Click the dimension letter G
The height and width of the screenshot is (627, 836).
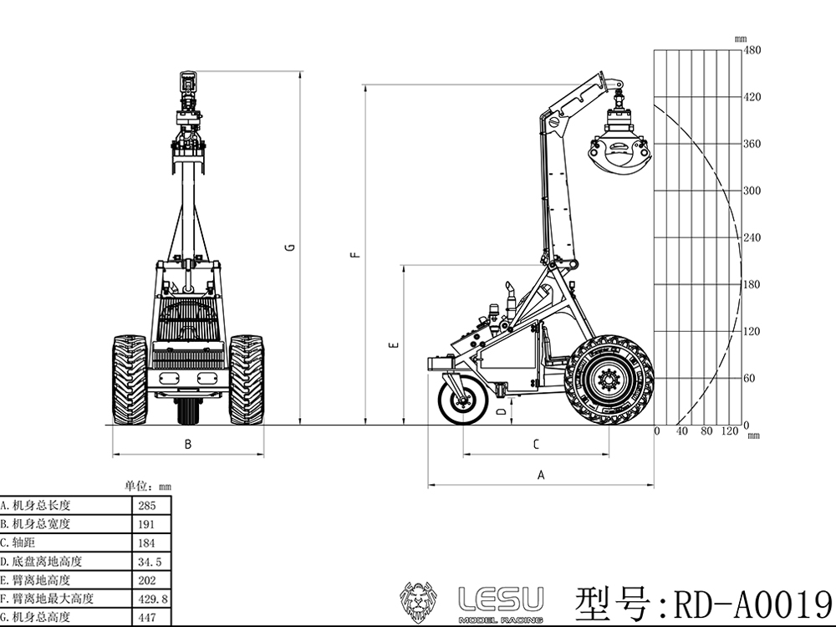(x=291, y=247)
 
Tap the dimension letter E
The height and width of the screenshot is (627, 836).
(x=395, y=345)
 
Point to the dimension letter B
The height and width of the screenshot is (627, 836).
(x=187, y=444)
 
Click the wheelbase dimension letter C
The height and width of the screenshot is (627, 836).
(x=537, y=444)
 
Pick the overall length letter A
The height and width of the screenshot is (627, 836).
(x=541, y=475)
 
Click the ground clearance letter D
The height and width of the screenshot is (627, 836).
(x=501, y=411)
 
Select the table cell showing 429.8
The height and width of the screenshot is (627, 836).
(x=152, y=599)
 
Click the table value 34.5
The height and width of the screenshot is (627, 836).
(x=150, y=562)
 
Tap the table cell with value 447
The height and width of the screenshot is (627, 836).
(x=147, y=618)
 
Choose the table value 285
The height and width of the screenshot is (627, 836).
(x=147, y=506)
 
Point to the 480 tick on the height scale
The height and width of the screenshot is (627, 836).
(x=752, y=50)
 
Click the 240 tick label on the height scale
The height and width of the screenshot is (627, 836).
(x=752, y=237)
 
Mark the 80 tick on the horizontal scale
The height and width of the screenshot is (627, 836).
(x=706, y=431)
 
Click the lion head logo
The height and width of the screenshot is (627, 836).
(x=419, y=603)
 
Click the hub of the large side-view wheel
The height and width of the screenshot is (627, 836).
(x=608, y=380)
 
